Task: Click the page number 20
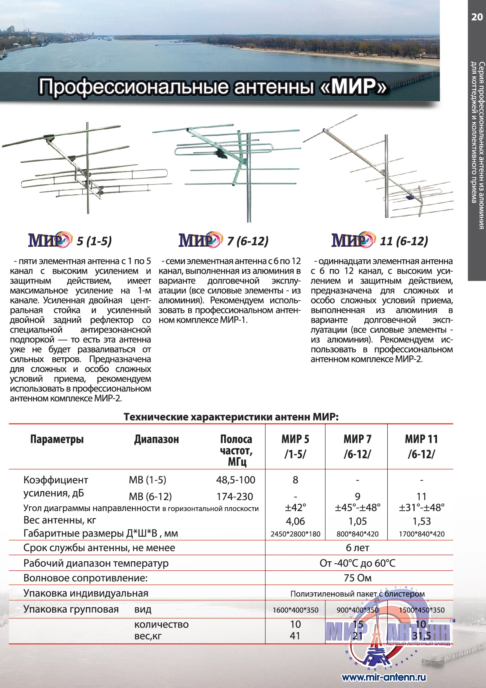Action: point(477,17)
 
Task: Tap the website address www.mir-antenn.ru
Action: point(384,677)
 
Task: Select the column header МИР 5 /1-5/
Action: point(295,446)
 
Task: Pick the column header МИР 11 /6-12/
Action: point(421,446)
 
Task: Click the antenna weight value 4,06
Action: point(295,521)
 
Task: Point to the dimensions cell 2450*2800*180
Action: point(295,534)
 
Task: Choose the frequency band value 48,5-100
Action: point(236,480)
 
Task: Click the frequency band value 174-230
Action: point(235,497)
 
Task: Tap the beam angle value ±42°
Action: point(295,508)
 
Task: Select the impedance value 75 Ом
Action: point(357,578)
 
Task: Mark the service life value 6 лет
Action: point(357,548)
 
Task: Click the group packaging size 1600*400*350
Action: point(295,610)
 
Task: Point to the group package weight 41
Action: point(295,635)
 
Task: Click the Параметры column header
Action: point(57,439)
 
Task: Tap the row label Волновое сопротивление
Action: point(85,578)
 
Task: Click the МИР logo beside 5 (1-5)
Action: point(50,240)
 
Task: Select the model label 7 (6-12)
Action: point(248,241)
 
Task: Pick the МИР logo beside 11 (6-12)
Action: point(353,240)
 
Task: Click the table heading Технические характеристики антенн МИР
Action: point(231,417)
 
